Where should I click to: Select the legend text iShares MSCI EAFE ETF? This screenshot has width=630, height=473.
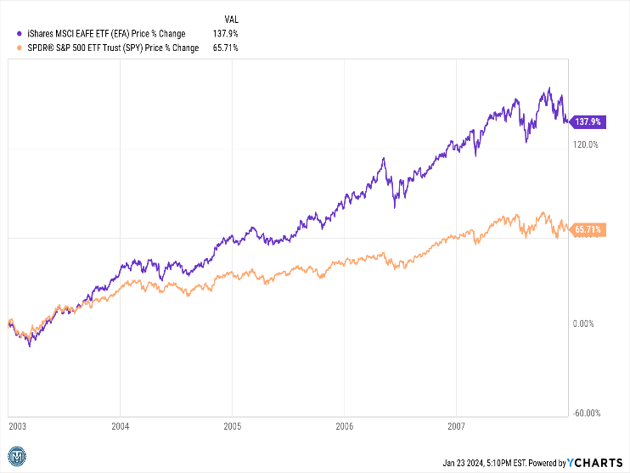coord(93,34)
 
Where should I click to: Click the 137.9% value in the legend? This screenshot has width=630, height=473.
coord(226,34)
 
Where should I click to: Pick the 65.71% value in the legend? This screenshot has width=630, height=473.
coord(224,48)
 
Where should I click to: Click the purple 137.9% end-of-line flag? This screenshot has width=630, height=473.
coord(588,122)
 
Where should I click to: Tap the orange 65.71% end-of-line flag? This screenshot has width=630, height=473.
coord(588,229)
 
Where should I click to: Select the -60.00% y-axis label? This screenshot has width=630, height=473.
coord(587,414)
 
